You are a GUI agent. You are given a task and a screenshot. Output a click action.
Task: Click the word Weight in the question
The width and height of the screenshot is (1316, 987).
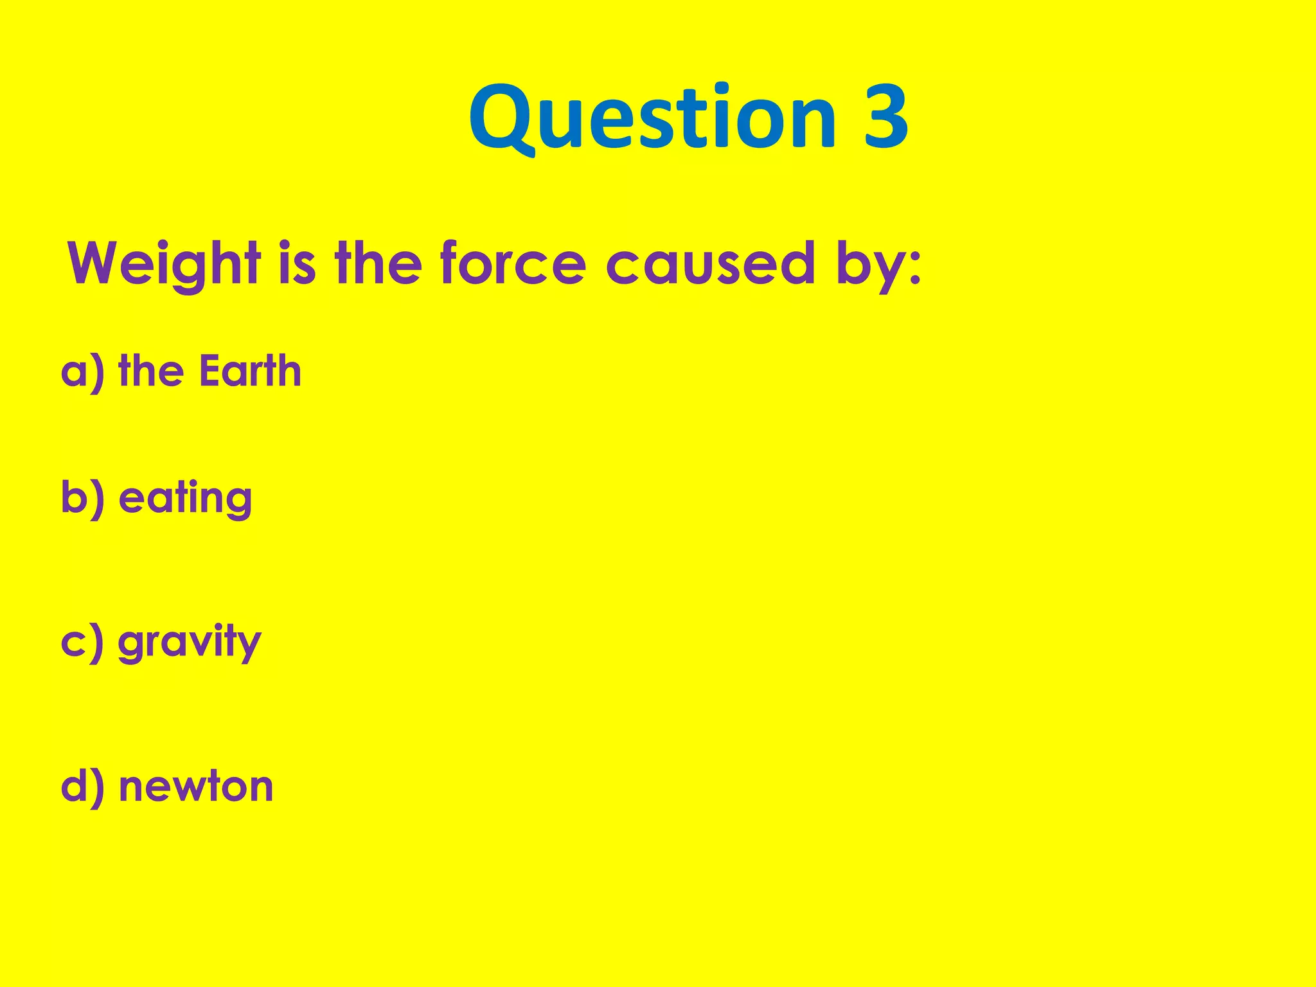(164, 263)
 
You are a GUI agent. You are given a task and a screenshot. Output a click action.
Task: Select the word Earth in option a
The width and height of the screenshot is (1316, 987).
(250, 371)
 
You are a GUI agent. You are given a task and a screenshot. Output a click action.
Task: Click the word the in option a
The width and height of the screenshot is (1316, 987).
(151, 371)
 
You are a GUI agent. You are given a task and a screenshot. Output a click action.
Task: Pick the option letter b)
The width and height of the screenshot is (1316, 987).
(82, 497)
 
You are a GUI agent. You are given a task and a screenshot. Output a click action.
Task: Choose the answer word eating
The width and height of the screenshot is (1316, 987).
(186, 500)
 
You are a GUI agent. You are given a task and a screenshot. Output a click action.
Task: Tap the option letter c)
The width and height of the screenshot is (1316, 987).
(82, 641)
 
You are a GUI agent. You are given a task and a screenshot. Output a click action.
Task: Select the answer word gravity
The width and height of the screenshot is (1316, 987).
(190, 643)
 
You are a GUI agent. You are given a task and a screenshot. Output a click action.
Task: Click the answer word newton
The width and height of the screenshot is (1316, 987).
(196, 787)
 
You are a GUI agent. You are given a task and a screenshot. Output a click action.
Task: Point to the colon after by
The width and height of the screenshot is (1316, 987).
(914, 265)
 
